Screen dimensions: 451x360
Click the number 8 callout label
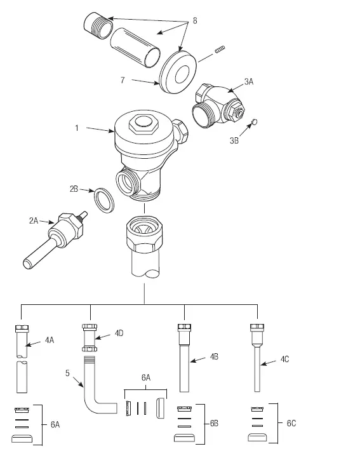click(x=194, y=21)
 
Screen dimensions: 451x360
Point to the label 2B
click(x=74, y=189)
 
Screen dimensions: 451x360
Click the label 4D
click(x=119, y=333)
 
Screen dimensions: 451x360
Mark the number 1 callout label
click(x=77, y=128)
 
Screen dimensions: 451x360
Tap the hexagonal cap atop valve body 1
click(x=143, y=125)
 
